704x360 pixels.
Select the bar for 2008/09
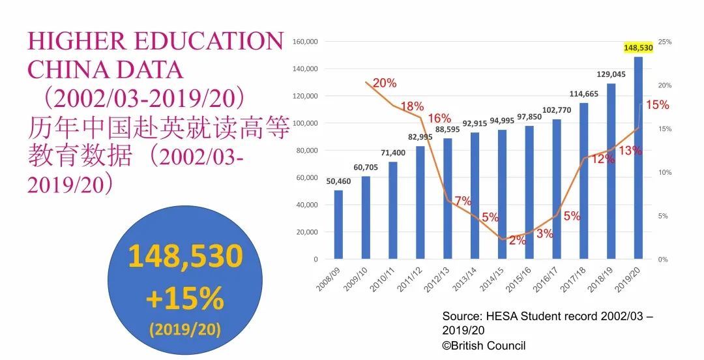(x=338, y=224)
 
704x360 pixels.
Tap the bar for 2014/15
(x=502, y=194)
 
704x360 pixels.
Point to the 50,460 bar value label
(x=338, y=181)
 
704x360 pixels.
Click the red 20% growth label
(x=385, y=83)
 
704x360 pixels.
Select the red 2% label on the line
(x=518, y=240)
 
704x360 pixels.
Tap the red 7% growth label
(x=463, y=201)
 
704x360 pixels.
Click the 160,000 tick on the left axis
(x=304, y=42)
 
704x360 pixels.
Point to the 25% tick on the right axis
(x=665, y=42)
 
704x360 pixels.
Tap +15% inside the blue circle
(x=185, y=299)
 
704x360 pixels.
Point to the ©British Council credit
(x=484, y=346)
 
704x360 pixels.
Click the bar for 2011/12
(x=420, y=202)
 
